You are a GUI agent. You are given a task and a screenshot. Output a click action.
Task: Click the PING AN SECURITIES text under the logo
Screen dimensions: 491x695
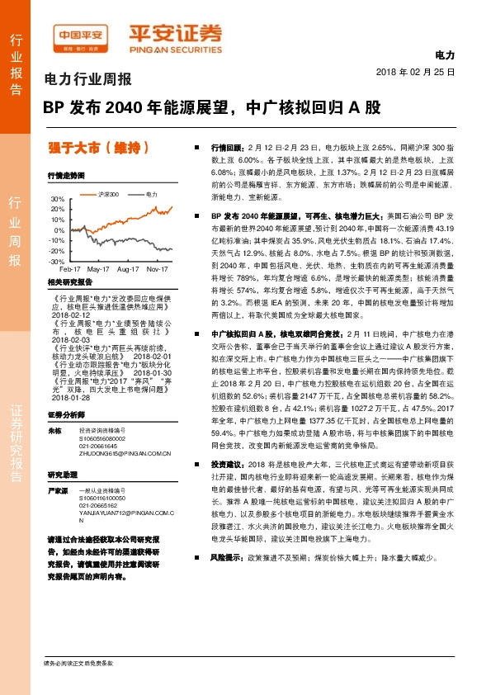pos(174,46)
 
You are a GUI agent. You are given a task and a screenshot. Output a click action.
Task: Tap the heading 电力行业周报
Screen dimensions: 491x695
pos(87,81)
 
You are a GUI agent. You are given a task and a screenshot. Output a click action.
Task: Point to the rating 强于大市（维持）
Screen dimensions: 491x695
pos(98,149)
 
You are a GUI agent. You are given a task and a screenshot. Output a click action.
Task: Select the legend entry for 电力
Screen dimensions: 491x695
pos(151,194)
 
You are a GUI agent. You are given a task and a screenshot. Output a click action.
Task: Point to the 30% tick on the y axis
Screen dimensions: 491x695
pos(57,200)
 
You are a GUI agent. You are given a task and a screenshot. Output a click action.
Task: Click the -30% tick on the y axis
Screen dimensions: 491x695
pos(56,260)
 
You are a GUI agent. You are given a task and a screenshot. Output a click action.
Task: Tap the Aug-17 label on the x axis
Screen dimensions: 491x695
pos(128,269)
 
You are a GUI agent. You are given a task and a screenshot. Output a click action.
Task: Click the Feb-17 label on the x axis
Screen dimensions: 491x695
pos(70,269)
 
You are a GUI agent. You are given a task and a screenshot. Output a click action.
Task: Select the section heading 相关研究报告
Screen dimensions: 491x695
pos(66,282)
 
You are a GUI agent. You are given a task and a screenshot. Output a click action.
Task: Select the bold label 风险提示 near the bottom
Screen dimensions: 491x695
pos(226,579)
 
